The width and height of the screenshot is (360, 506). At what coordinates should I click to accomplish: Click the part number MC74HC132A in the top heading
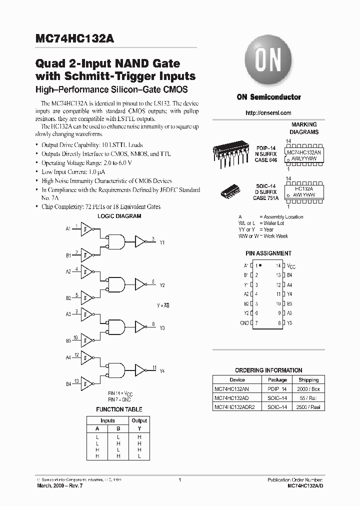(x=75, y=40)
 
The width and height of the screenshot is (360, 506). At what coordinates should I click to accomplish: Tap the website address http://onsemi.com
(x=268, y=113)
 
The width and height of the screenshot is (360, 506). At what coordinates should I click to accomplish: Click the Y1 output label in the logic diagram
(x=162, y=242)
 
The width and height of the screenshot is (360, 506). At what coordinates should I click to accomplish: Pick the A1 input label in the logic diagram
(x=68, y=229)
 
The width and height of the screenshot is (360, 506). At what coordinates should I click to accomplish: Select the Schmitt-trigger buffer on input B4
(x=87, y=383)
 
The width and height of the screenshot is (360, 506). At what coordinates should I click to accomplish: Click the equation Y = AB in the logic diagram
(x=163, y=304)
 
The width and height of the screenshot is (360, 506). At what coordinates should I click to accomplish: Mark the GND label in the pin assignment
(x=244, y=323)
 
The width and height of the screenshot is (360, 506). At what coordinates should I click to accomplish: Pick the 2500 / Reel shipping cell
(x=308, y=407)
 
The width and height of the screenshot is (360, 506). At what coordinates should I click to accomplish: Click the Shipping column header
(x=308, y=379)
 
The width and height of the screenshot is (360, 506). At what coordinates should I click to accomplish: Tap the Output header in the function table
(x=139, y=420)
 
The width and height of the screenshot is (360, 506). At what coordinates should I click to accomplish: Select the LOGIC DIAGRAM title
(x=118, y=216)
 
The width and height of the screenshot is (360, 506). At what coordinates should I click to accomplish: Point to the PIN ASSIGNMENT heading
(x=268, y=253)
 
